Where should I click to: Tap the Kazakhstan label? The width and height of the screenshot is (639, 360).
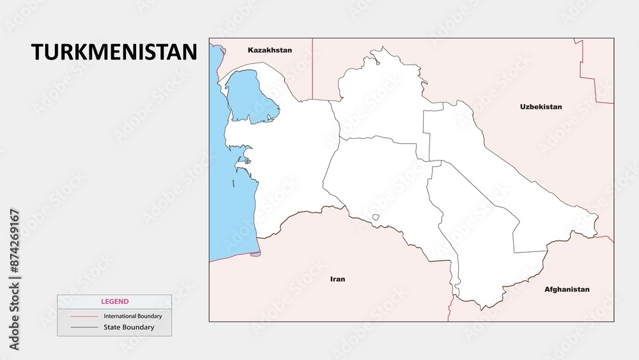tap(270, 50)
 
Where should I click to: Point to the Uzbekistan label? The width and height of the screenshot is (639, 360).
tap(541, 107)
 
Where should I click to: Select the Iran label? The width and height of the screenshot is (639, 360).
tap(337, 279)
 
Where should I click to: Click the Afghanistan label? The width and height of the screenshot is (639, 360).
tap(567, 289)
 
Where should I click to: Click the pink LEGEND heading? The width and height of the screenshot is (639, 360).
tap(114, 301)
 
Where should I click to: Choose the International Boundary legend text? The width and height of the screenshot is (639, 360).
tap(133, 317)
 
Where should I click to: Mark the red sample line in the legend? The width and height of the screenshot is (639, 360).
tap(83, 317)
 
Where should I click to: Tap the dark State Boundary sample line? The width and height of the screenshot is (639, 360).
tap(83, 327)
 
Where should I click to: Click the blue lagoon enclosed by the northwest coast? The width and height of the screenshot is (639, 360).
tap(250, 95)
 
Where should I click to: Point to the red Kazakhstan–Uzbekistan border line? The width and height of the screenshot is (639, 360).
tap(312, 70)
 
